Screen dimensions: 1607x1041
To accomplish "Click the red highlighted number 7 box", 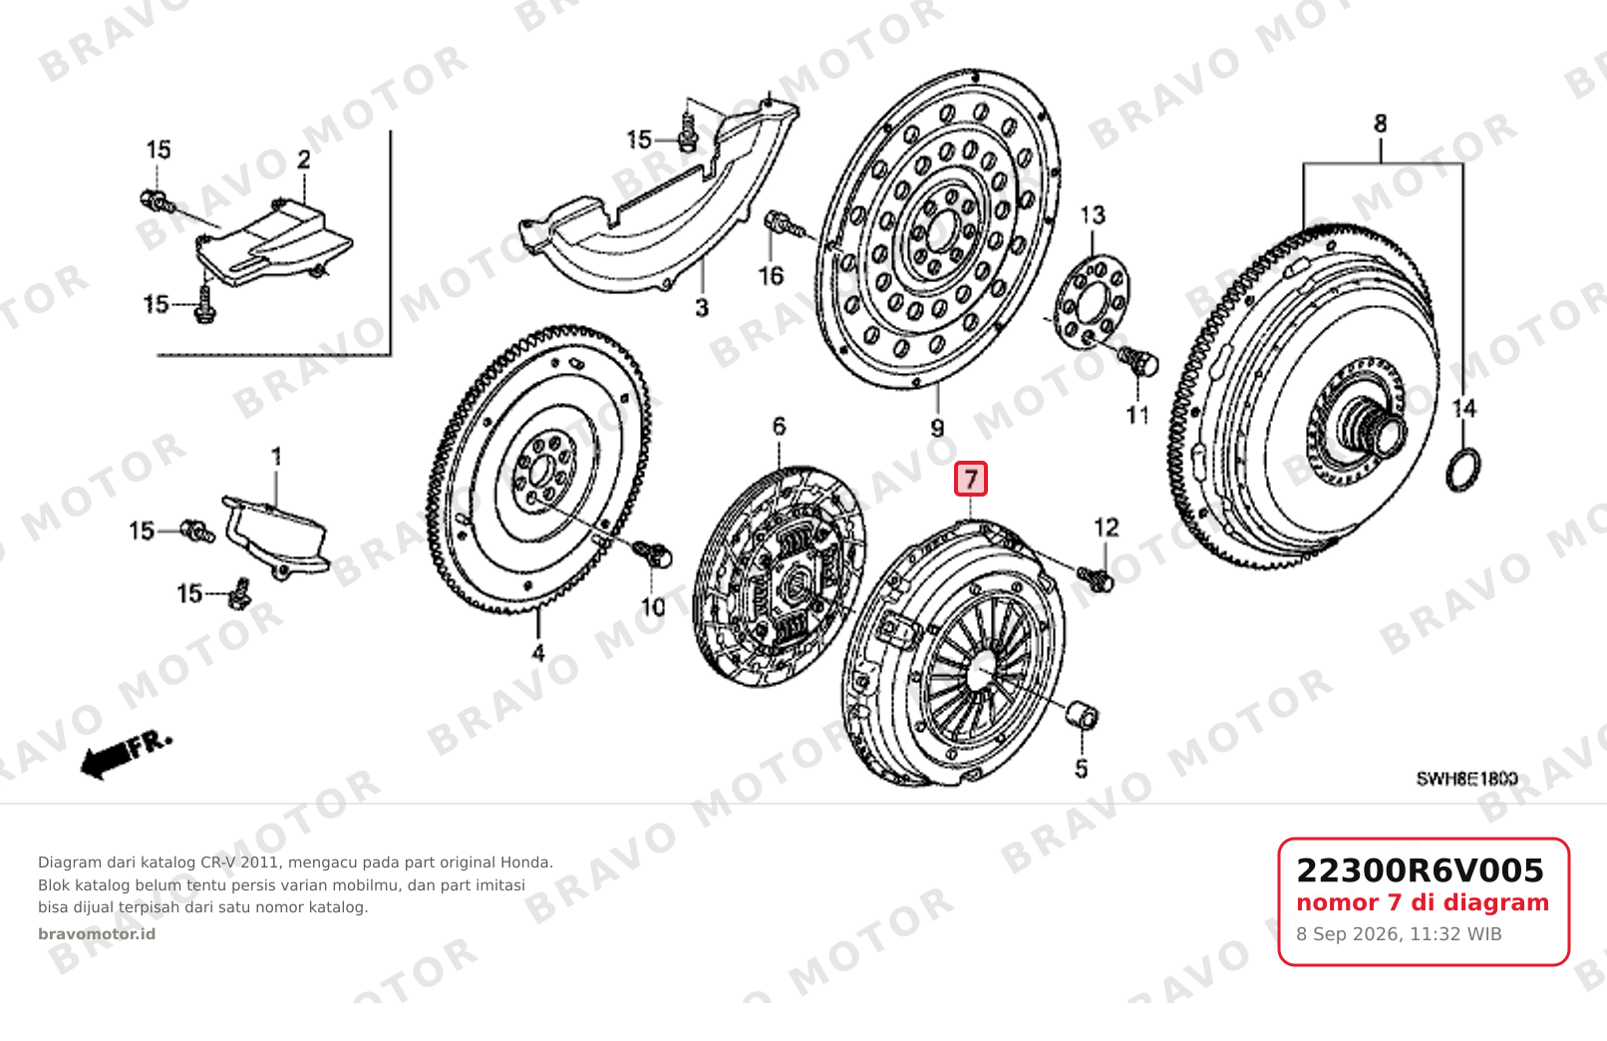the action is click(970, 479).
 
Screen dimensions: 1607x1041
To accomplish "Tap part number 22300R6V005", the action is click(1420, 870).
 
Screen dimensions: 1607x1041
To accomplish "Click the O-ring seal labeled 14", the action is click(1462, 470).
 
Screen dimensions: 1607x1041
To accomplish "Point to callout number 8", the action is click(1381, 124).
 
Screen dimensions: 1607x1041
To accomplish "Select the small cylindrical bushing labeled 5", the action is click(1082, 715).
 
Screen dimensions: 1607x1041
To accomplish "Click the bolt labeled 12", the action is click(1096, 577).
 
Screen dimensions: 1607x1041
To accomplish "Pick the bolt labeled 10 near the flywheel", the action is click(653, 553).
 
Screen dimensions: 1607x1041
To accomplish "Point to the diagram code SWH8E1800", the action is click(1466, 779).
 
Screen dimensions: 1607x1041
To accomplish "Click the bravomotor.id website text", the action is click(97, 934).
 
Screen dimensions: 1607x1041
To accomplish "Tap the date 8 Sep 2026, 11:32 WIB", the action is click(1399, 934).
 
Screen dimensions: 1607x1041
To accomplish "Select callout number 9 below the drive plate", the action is click(937, 429).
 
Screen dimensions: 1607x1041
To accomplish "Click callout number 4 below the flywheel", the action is click(538, 653).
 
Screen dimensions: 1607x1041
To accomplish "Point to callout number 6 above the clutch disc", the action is click(780, 426).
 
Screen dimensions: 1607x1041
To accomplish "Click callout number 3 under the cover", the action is click(702, 308).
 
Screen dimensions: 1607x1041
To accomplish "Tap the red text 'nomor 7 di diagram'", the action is click(1423, 902).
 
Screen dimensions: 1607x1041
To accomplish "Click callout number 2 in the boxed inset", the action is click(303, 160).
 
